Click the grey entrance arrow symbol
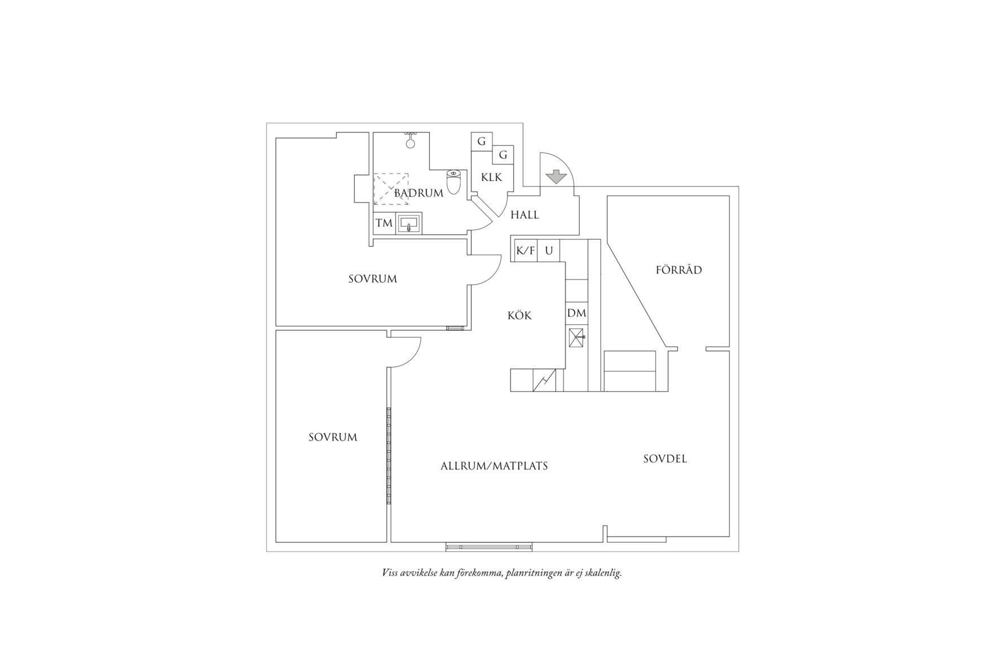(x=557, y=177)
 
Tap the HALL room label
(x=525, y=215)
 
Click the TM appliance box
(x=384, y=223)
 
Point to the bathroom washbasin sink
(x=409, y=224)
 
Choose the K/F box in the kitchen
(x=526, y=251)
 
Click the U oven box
(x=548, y=251)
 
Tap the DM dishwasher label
(x=576, y=313)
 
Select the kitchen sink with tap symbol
(x=577, y=338)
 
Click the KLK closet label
(x=491, y=178)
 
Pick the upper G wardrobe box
(x=482, y=141)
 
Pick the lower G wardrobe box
(x=503, y=154)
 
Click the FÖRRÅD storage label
(x=679, y=270)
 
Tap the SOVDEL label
(x=665, y=459)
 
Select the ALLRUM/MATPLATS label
(x=494, y=466)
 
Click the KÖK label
(x=519, y=316)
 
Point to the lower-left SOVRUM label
(x=333, y=437)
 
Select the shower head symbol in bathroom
(x=411, y=141)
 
